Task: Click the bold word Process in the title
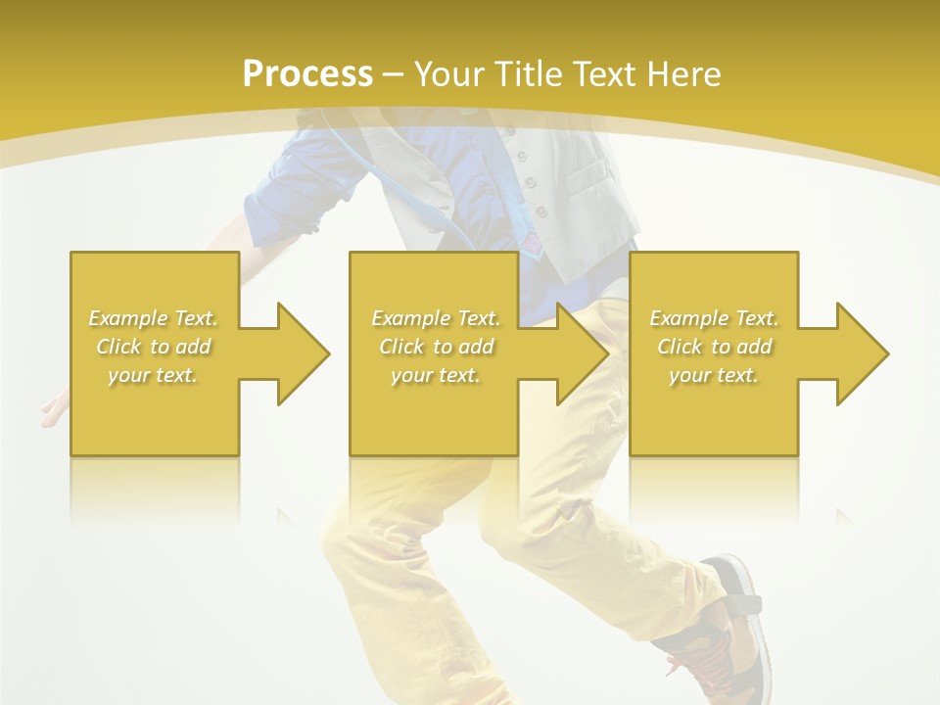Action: click(307, 73)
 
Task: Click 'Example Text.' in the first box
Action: click(153, 318)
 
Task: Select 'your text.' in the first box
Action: click(153, 375)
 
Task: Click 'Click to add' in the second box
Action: click(436, 347)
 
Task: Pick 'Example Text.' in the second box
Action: click(436, 318)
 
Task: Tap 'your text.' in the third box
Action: click(714, 375)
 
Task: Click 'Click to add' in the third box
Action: click(714, 347)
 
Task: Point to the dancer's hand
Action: click(54, 411)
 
